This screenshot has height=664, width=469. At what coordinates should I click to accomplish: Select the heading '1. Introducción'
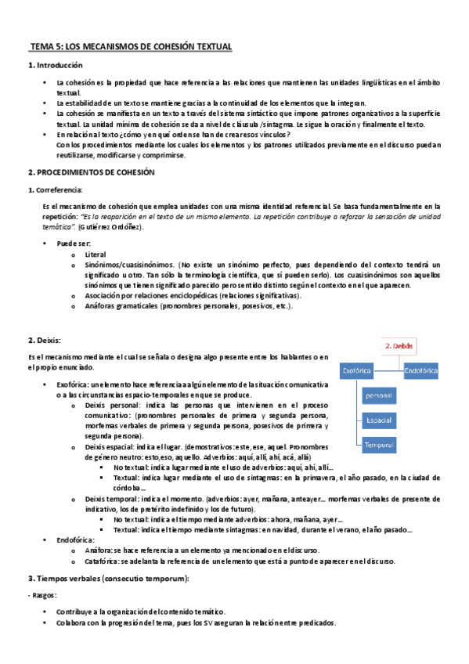56,65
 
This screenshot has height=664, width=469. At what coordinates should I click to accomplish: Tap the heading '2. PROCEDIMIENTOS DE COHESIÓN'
92,172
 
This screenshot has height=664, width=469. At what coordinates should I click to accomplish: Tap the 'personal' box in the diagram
378,395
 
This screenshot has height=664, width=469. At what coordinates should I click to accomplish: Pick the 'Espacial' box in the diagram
378,420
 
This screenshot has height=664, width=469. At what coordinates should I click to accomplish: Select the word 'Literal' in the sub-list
95,254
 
